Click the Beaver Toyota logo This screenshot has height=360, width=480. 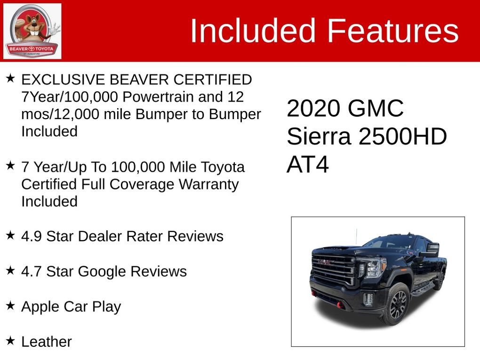tap(32, 31)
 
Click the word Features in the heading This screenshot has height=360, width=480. tap(393, 31)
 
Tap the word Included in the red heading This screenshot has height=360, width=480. tap(253, 31)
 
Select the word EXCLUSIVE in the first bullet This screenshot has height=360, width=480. tap(63, 80)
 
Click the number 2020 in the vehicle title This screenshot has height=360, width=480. tap(313, 108)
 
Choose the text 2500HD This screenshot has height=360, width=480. tap(402, 136)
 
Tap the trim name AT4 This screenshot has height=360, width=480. tap(308, 165)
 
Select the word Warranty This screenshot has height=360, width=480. tap(208, 184)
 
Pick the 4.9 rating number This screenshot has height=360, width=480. tap(32, 236)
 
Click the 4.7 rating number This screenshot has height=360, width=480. tap(32, 272)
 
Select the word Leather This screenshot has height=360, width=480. tap(47, 342)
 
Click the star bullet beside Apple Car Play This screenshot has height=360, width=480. tap(10, 305)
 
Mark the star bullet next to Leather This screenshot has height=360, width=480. tap(10, 340)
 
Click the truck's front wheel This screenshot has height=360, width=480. tap(397, 304)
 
